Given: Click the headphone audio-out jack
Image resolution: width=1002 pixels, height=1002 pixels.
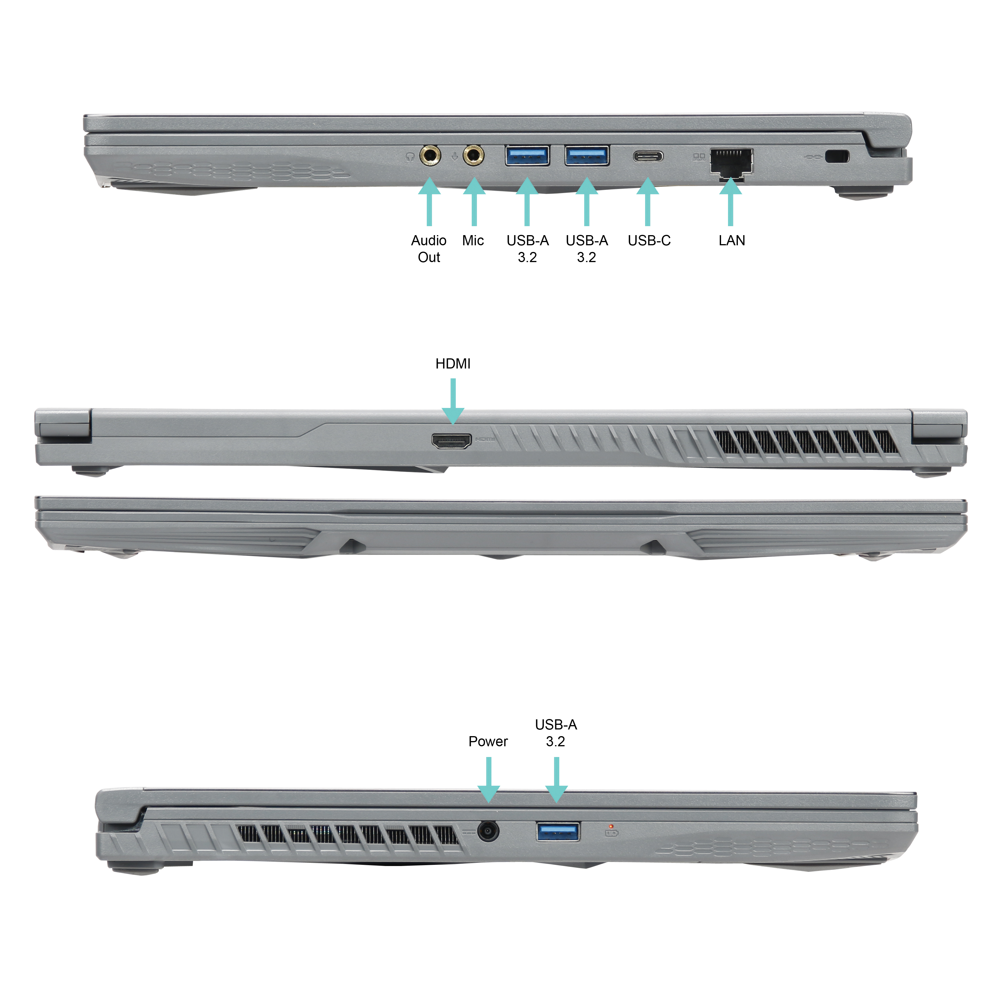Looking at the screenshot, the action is pos(430,155).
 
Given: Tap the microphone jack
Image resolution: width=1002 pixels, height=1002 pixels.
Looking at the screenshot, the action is pos(473,155).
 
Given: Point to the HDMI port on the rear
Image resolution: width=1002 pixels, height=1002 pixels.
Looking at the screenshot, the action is pos(452,441).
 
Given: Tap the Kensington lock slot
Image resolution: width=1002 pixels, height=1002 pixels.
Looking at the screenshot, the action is pos(836,156).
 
